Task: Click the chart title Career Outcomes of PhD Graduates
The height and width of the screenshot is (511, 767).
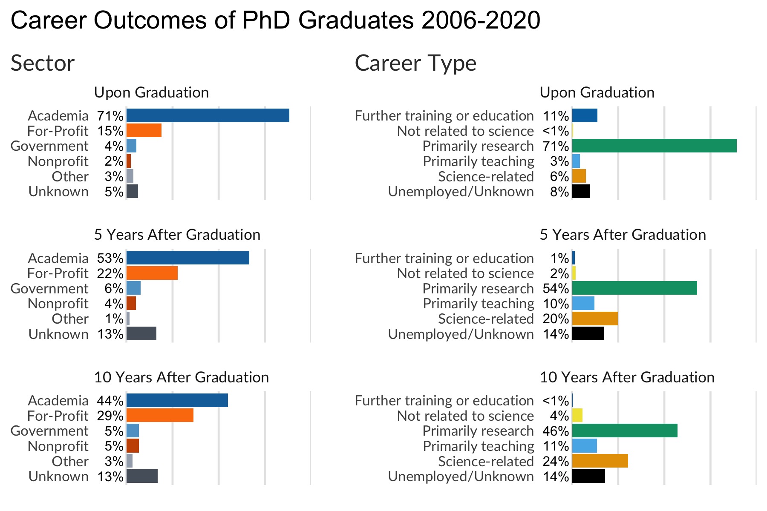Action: click(275, 20)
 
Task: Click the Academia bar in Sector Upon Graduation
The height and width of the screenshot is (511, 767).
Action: click(208, 115)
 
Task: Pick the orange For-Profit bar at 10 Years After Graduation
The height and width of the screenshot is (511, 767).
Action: click(160, 415)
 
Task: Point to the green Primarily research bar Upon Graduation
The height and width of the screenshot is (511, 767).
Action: click(654, 146)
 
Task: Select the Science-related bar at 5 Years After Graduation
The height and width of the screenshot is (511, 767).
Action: click(595, 319)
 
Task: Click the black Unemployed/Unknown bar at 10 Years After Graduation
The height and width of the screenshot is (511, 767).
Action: click(588, 476)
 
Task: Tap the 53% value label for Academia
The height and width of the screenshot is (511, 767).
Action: click(110, 258)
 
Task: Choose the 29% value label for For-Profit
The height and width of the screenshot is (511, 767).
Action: click(110, 416)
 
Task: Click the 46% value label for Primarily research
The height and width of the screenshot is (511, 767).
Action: click(556, 431)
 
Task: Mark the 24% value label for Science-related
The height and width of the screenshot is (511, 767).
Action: click(556, 461)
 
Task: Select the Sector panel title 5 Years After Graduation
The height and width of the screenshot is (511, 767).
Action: click(177, 235)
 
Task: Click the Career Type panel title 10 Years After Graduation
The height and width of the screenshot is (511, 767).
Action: click(627, 377)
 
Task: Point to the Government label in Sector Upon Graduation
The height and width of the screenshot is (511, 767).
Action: click(49, 146)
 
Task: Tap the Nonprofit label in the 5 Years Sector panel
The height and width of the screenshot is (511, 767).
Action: click(58, 304)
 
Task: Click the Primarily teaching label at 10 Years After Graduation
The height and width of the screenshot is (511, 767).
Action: click(478, 446)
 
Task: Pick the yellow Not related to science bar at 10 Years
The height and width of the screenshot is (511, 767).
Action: click(577, 415)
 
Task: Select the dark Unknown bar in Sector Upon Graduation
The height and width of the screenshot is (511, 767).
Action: click(132, 191)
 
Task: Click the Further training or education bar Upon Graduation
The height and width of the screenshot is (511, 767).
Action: click(585, 115)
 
